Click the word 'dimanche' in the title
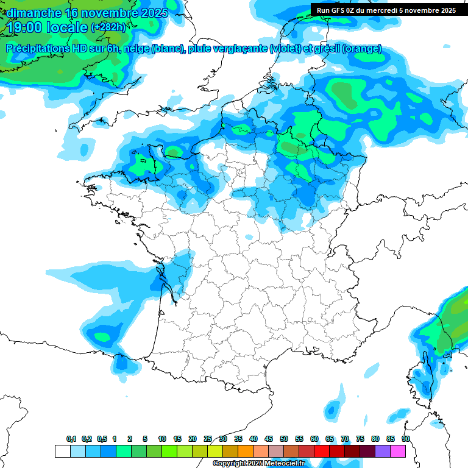click(34, 13)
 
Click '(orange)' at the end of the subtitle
click(362, 49)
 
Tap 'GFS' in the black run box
click(339, 10)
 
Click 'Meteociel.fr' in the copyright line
click(283, 464)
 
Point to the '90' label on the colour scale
click(406, 439)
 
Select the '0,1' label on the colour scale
click(71, 439)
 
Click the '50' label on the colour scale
click(284, 439)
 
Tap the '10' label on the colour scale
click(162, 439)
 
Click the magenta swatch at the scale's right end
click(398, 451)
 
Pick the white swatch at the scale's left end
click(62, 451)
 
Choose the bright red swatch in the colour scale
click(322, 451)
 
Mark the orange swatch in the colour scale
click(246, 451)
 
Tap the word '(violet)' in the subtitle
click(286, 49)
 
